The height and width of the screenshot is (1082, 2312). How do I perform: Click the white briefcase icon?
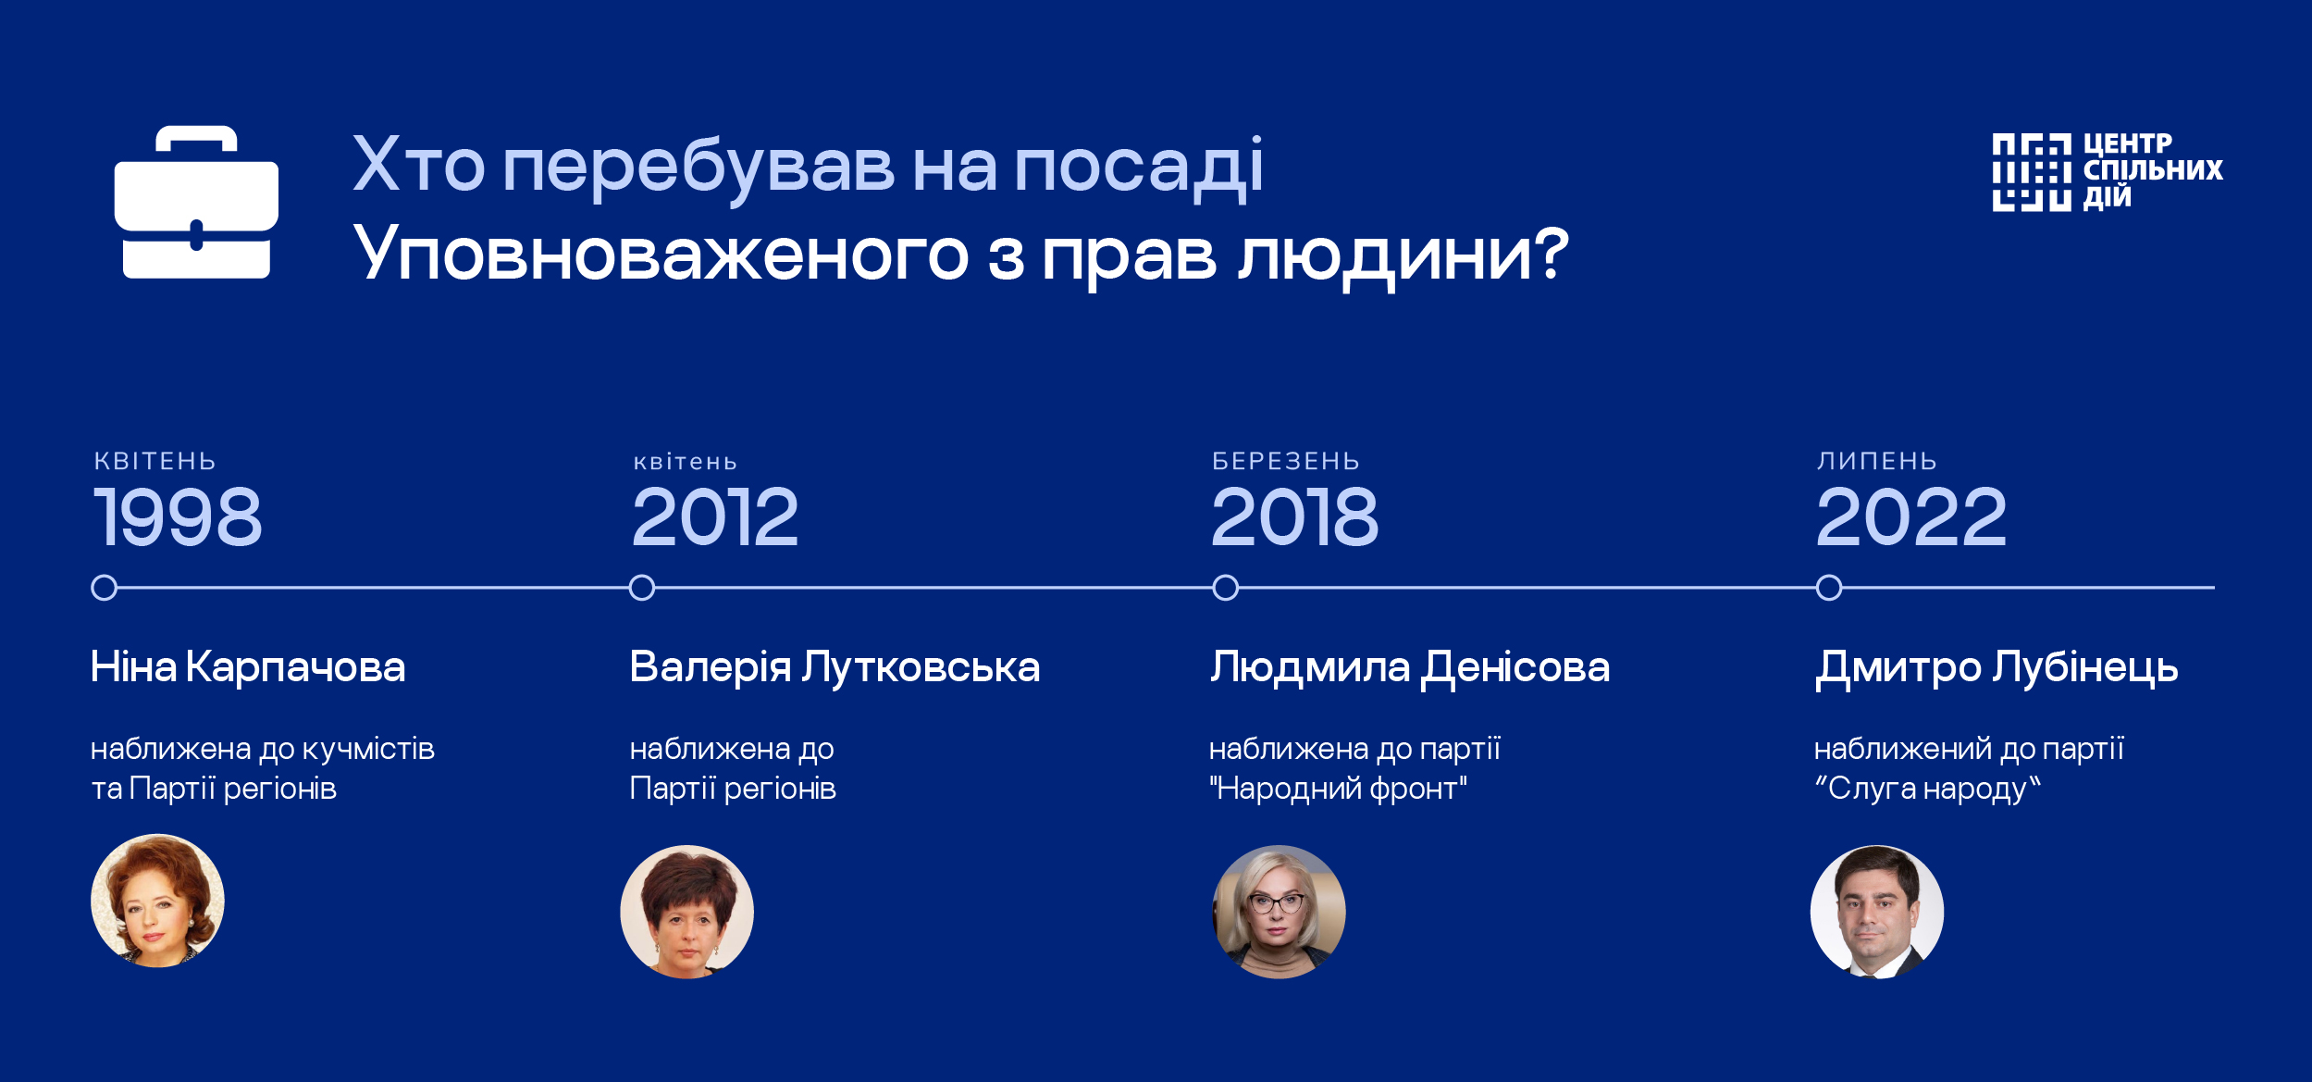coord(196,202)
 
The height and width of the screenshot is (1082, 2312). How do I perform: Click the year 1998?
coord(178,516)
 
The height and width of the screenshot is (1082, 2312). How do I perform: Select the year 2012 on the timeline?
coord(715,516)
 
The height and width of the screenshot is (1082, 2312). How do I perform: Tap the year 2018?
coord(1294,516)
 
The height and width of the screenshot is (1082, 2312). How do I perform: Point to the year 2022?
coord(1910,516)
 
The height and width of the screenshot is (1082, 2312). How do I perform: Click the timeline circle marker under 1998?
coord(105,588)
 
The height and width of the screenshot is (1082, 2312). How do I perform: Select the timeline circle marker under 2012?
coord(642,588)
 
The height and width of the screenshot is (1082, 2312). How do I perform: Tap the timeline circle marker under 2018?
coord(1226,588)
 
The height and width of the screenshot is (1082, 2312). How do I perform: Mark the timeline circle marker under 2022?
coord(1829,588)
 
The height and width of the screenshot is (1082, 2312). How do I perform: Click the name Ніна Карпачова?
coord(248,666)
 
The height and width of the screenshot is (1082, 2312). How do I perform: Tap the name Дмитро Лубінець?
coord(1997,669)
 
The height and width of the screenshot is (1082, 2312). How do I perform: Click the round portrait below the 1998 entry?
coord(157,901)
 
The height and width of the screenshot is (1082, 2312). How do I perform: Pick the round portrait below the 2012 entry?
coord(687,912)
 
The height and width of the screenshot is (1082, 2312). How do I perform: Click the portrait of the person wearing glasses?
coord(1279,912)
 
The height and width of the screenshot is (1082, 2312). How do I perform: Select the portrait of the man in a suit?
coord(1877,912)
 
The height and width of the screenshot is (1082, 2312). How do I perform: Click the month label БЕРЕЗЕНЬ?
coord(1286,461)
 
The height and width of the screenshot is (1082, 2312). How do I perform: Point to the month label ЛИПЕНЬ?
coord(1876,461)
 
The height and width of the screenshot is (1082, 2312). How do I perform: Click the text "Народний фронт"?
coord(1338,789)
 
